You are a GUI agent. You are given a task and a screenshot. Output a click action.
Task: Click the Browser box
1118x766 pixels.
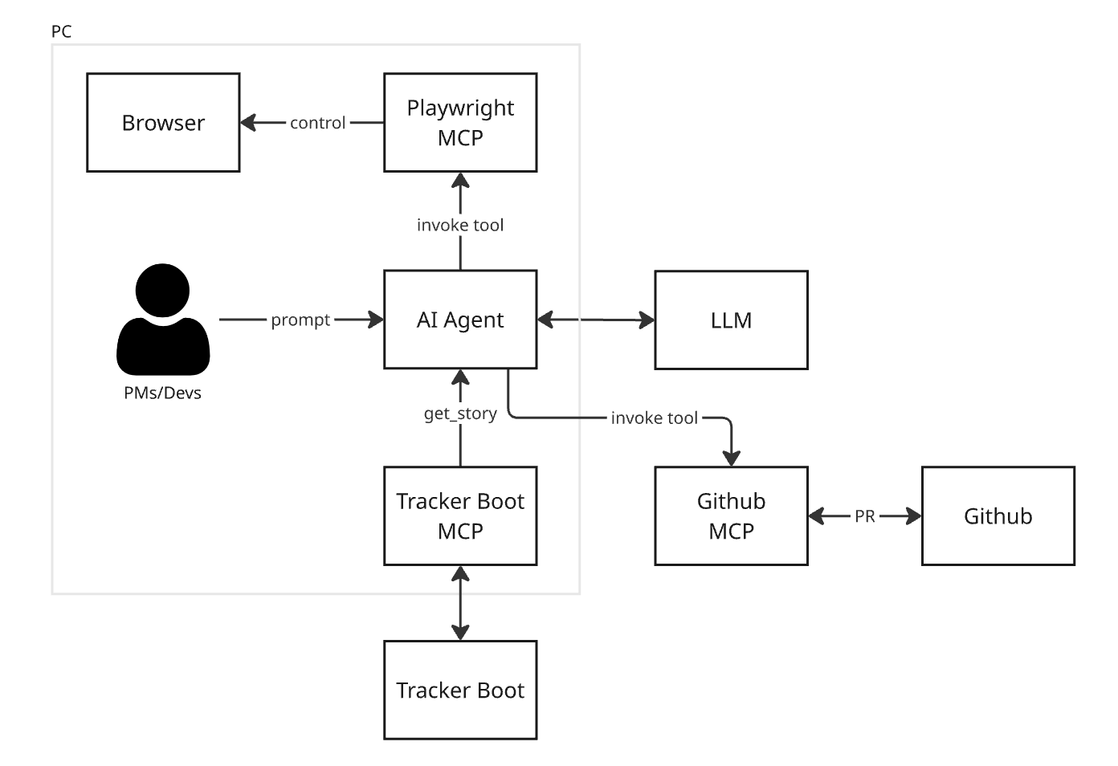click(163, 123)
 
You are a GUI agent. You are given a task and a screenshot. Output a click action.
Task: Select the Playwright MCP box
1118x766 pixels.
click(460, 123)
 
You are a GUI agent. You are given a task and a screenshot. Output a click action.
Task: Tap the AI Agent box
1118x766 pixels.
click(460, 320)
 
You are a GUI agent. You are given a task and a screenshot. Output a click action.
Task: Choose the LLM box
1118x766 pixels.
click(731, 320)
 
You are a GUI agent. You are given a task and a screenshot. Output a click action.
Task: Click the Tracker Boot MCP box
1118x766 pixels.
click(460, 515)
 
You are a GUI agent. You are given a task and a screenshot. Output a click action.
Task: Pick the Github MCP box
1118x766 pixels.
click(731, 515)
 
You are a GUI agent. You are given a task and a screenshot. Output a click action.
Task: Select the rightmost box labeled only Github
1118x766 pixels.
click(998, 515)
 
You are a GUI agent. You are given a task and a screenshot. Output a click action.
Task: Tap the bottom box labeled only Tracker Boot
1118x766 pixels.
click(460, 690)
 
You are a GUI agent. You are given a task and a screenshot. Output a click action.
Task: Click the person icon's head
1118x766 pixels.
click(163, 290)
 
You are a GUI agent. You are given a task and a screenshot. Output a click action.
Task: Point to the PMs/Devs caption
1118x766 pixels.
click(162, 393)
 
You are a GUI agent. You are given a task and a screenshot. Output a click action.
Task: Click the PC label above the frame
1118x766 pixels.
click(61, 31)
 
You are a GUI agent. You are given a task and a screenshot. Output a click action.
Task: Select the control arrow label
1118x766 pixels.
click(317, 123)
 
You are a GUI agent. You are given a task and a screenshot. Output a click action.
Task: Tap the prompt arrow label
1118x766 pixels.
click(300, 320)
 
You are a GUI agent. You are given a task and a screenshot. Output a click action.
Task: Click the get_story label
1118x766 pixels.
click(460, 414)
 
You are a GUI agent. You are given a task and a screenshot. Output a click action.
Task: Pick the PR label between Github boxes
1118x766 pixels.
click(865, 516)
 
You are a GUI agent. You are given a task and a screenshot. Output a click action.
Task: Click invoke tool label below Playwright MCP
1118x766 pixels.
click(460, 225)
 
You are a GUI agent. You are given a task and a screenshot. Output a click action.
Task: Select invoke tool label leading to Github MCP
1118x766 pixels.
click(654, 418)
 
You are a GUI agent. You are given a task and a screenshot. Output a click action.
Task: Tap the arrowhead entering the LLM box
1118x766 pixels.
click(647, 320)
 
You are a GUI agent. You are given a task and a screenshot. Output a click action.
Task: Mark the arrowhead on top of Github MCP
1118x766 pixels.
click(731, 458)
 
